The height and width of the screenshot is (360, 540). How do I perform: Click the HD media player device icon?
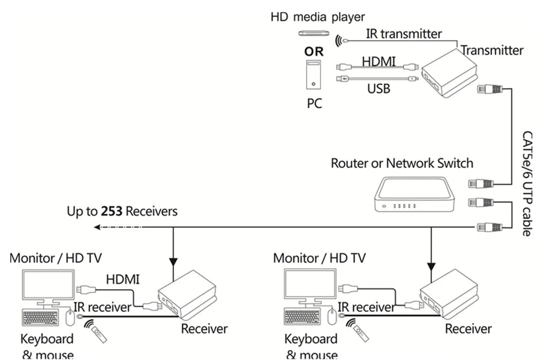point(314,33)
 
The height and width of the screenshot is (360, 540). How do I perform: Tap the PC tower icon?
point(313,75)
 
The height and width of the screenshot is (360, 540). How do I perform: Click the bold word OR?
point(314,52)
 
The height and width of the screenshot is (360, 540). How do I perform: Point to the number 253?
point(112,211)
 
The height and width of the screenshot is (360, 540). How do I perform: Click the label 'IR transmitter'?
point(404,34)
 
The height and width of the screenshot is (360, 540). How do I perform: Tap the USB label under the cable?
point(379,89)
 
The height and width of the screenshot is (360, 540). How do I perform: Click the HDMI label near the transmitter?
point(379,61)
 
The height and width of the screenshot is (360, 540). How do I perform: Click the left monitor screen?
point(48,284)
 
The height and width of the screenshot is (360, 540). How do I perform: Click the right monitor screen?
point(310,284)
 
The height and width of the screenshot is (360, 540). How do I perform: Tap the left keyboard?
point(40,317)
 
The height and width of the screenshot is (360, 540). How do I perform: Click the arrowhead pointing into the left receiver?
point(173,262)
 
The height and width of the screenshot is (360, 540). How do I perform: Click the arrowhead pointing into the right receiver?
point(431,266)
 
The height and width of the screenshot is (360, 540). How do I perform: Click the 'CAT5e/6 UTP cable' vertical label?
point(527,183)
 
